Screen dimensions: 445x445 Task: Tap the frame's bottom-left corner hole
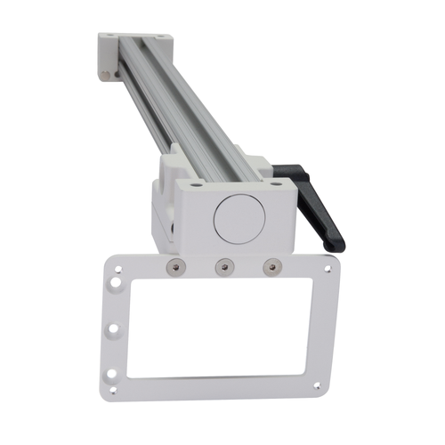pos(112,389)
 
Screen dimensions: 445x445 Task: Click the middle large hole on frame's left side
pos(113,329)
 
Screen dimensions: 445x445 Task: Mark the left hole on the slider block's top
pos(193,185)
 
